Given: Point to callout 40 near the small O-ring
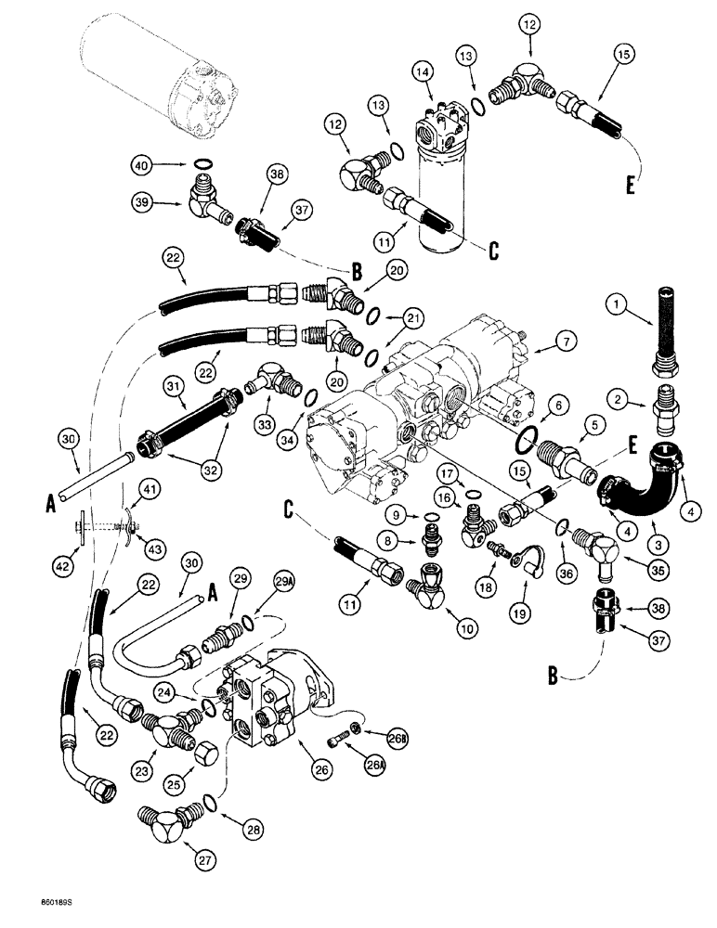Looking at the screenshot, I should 166,166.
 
